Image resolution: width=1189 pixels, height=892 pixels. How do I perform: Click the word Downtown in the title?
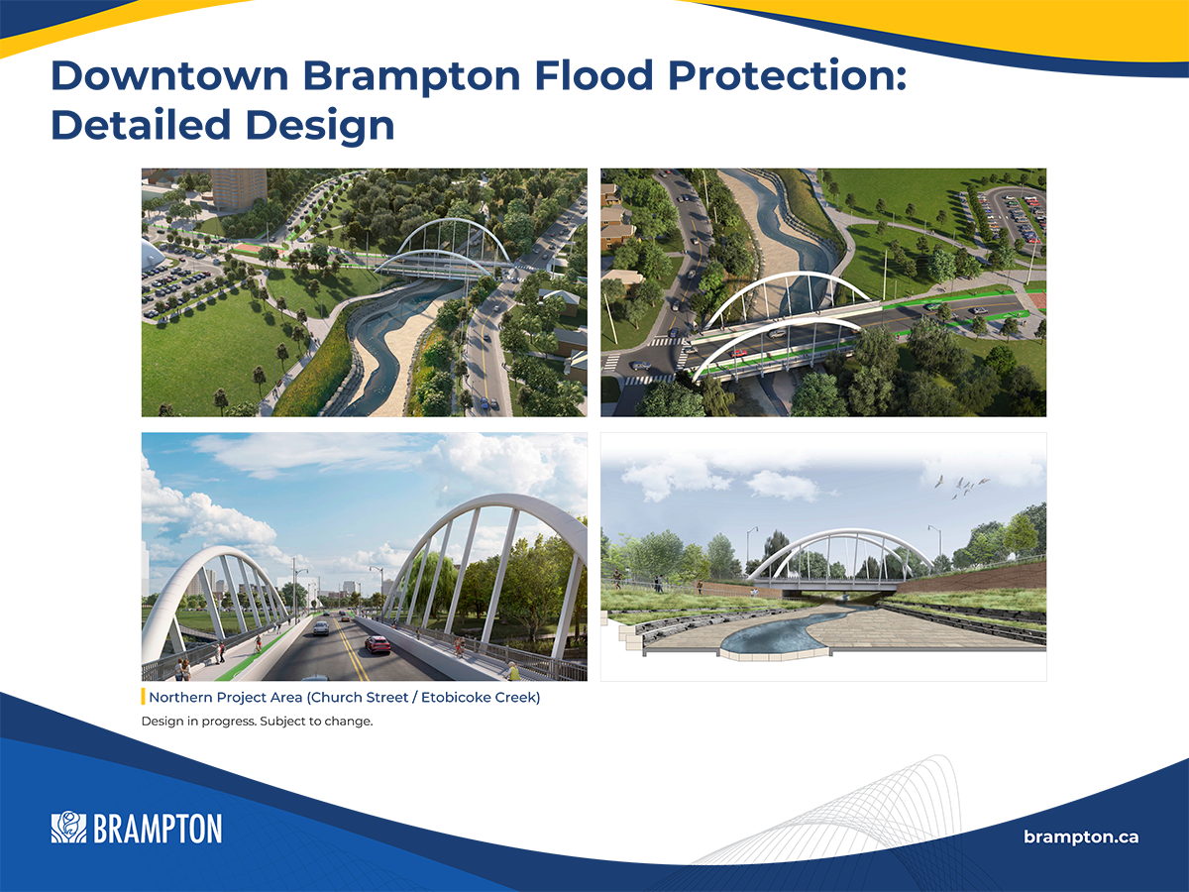pyautogui.click(x=169, y=76)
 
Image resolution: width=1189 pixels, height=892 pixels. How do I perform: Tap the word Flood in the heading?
pyautogui.click(x=594, y=76)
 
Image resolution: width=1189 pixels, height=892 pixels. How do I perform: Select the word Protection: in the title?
pyautogui.click(x=788, y=76)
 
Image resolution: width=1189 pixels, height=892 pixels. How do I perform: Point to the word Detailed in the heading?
pyautogui.click(x=141, y=125)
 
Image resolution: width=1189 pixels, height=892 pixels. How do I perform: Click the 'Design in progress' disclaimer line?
pyautogui.click(x=257, y=722)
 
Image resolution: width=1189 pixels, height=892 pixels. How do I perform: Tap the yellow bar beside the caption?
pyautogui.click(x=143, y=697)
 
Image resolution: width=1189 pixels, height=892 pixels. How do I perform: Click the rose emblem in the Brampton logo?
pyautogui.click(x=68, y=827)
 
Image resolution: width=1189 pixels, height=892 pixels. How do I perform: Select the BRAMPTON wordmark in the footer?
pyautogui.click(x=158, y=829)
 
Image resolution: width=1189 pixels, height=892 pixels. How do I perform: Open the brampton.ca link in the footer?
pyautogui.click(x=1081, y=836)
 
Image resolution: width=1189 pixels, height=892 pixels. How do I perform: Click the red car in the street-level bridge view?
pyautogui.click(x=378, y=644)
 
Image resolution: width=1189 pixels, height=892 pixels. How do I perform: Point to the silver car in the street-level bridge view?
pyautogui.click(x=321, y=628)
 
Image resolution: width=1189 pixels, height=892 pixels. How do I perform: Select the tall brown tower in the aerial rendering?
pyautogui.click(x=239, y=187)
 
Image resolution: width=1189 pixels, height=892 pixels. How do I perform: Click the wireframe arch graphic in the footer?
pyautogui.click(x=845, y=813)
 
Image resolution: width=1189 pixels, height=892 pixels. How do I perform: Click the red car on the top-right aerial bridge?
pyautogui.click(x=739, y=354)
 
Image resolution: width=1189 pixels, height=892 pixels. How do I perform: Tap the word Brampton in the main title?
pyautogui.click(x=411, y=77)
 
